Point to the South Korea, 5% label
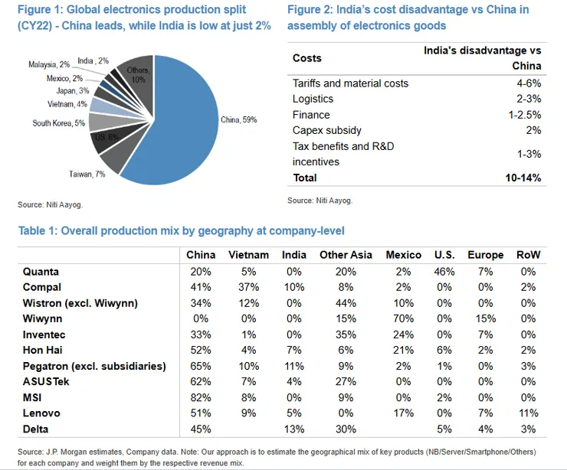point(59,122)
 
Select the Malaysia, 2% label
point(48,64)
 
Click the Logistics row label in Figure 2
point(313,99)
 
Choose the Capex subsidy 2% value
point(534,130)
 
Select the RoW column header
point(528,255)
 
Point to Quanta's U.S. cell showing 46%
point(445,271)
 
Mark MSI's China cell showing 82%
point(201,398)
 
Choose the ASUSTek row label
point(49,382)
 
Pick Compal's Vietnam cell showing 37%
point(249,286)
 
